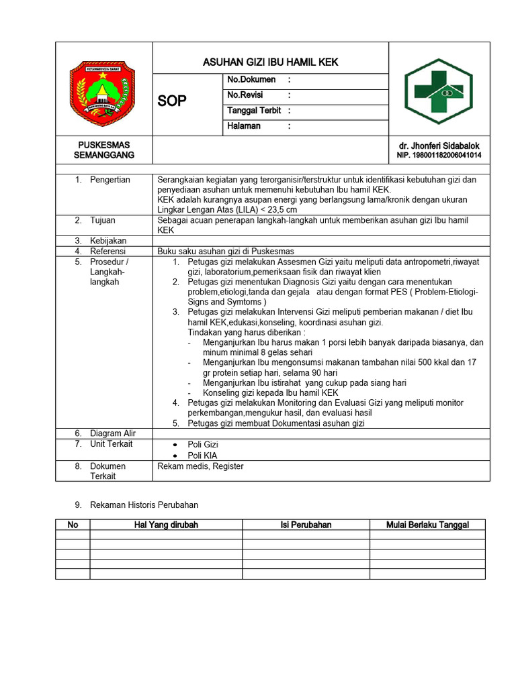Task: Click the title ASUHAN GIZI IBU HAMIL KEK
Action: coord(271,62)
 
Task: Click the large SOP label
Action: coord(172,101)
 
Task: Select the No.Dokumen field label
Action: coord(252,80)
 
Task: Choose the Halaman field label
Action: coord(244,126)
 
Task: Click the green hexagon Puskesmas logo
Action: coord(438,90)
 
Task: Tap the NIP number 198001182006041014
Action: coord(439,156)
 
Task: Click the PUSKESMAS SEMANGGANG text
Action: coord(103,150)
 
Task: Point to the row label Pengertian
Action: coord(110,180)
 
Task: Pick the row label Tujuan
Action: coord(103,220)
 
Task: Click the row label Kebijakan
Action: coord(107,241)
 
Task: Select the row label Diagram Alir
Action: coord(113,433)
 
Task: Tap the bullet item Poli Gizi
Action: coord(203,444)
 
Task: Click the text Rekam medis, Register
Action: coord(200,466)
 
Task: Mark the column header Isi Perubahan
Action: coord(306,525)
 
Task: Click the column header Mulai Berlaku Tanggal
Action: coord(427,525)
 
